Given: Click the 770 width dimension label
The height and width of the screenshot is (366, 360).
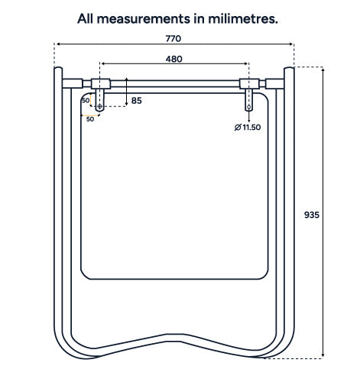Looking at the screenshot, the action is (x=174, y=39).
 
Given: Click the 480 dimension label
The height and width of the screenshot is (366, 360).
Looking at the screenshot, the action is (x=174, y=59).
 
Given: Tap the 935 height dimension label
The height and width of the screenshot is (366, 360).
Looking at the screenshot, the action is (x=312, y=215).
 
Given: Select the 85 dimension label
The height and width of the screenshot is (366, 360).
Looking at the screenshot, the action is (x=136, y=101).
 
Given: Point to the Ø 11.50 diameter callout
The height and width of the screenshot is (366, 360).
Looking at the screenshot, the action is (x=248, y=127).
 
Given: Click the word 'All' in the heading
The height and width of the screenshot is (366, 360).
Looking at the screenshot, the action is (x=85, y=19).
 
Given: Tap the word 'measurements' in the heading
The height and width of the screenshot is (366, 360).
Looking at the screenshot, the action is (x=144, y=19).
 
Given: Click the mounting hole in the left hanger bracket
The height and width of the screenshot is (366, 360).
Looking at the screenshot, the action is (x=99, y=106).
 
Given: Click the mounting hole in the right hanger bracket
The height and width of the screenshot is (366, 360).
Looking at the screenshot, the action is (x=248, y=107).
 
